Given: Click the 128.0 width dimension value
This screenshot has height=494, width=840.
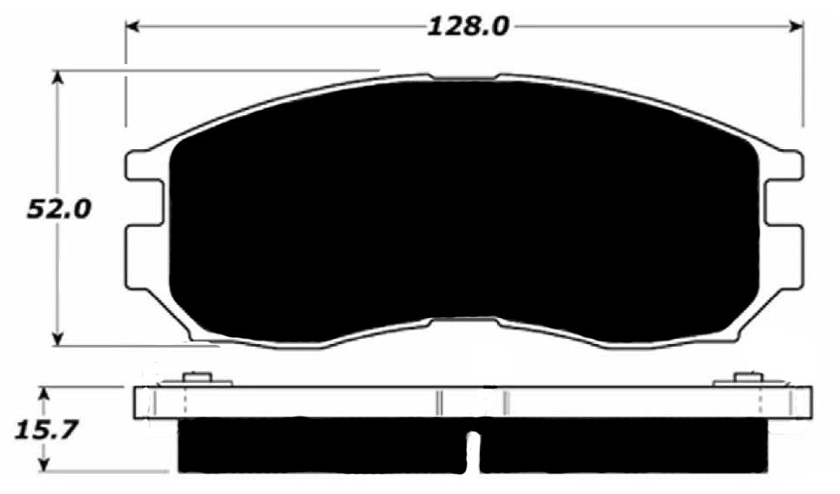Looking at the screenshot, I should click(x=467, y=27).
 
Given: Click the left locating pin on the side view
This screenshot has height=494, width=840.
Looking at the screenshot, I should click(x=198, y=378).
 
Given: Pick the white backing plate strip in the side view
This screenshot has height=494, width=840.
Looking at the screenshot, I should click(x=346, y=402).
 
